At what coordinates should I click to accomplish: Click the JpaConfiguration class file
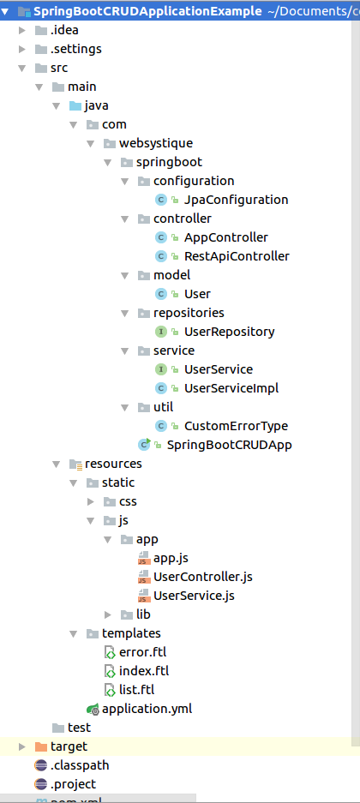pos(236,200)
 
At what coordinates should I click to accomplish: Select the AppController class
pos(225,237)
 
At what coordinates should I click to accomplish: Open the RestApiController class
pos(237,256)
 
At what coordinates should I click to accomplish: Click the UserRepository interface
pos(229,332)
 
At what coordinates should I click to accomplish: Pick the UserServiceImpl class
pos(231,388)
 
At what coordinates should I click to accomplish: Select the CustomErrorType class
pos(236,426)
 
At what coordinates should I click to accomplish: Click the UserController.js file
pos(202,577)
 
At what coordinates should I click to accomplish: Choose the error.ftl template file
pos(142,652)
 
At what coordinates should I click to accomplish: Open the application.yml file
pos(147,709)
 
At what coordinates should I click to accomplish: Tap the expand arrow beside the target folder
pos(22,746)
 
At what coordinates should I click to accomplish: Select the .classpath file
pos(79,765)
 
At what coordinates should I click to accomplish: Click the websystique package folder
pos(155,143)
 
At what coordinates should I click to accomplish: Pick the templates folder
pos(130,633)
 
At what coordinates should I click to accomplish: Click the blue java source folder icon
pos(75,105)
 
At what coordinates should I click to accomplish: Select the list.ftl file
pos(136,690)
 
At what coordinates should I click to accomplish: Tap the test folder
pos(79,728)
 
